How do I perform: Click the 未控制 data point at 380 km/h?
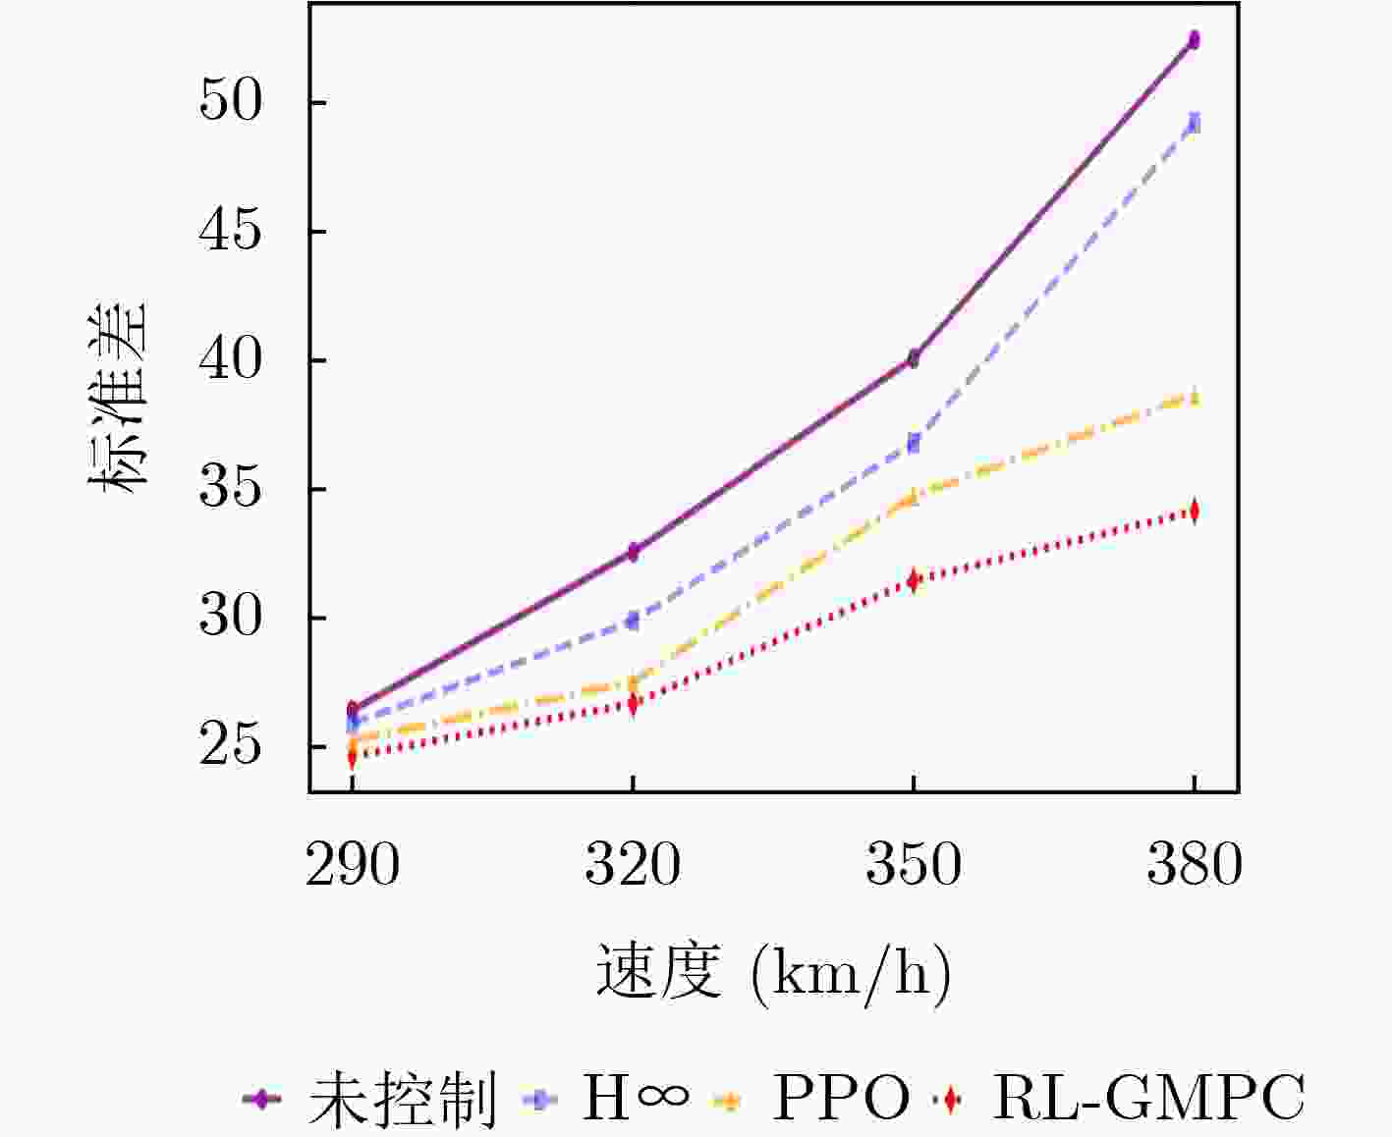(x=1194, y=40)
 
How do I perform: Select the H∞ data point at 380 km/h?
(x=1194, y=124)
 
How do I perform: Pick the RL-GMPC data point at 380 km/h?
(x=1194, y=511)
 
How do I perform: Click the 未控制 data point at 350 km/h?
(x=914, y=358)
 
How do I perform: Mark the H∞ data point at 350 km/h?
(x=914, y=443)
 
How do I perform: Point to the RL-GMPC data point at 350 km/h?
(x=914, y=580)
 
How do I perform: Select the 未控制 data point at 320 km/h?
(x=634, y=552)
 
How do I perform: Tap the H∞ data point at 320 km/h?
(x=634, y=621)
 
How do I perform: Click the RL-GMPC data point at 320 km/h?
(x=634, y=703)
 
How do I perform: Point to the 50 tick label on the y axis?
(x=232, y=102)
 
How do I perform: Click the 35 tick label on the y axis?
(x=232, y=489)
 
